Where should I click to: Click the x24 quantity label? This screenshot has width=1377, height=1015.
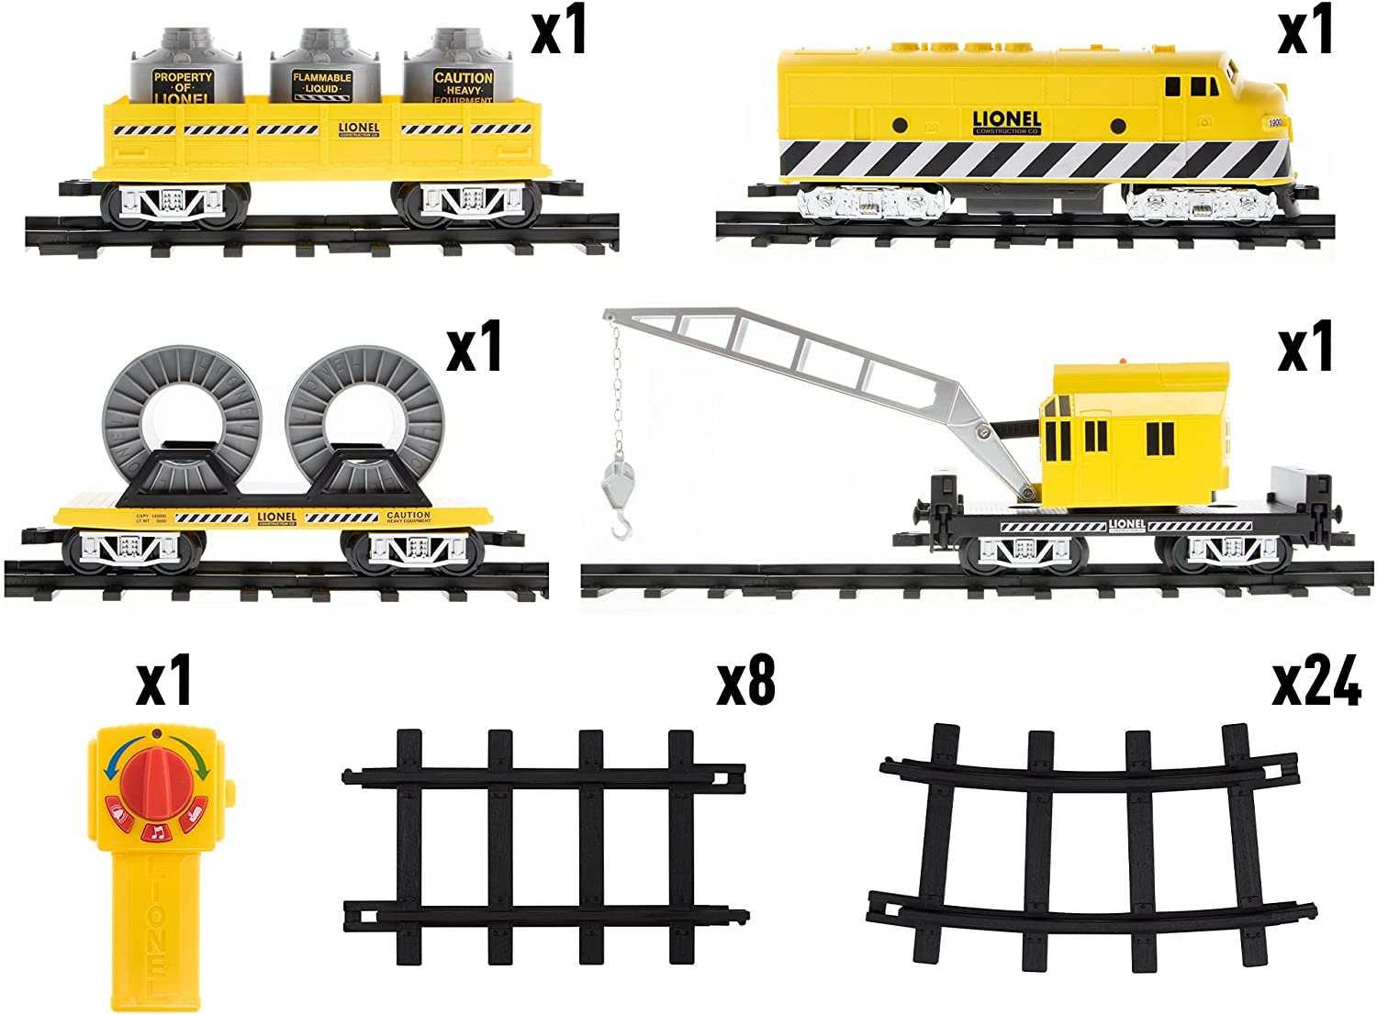click(x=1315, y=684)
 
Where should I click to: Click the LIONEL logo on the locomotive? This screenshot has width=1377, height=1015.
click(x=1006, y=122)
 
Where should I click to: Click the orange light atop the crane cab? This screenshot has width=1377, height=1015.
click(x=1126, y=361)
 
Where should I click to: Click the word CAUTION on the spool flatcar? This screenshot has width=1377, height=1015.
click(x=409, y=516)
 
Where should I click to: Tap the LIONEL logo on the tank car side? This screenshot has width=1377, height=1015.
click(x=358, y=128)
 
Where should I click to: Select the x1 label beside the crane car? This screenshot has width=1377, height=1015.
click(x=1305, y=349)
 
